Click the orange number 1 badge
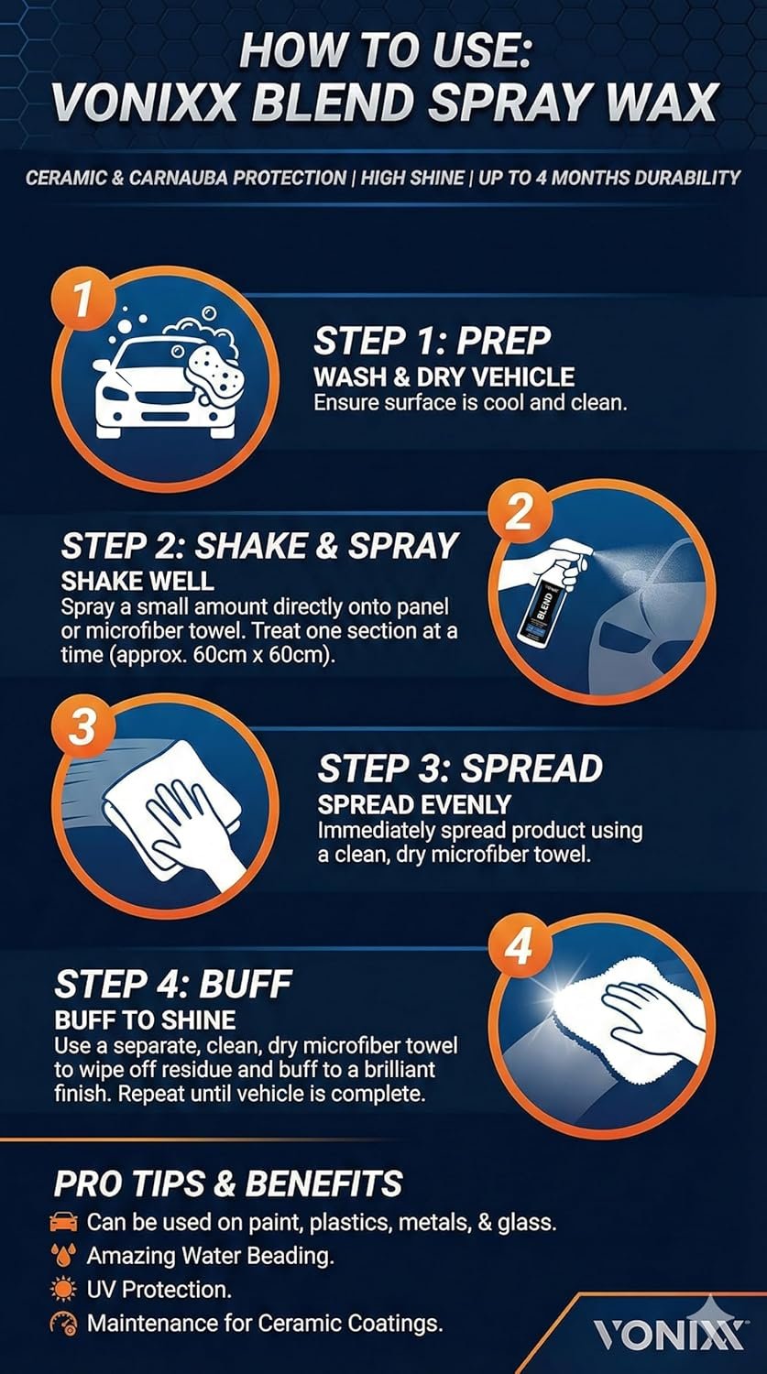pos(84,299)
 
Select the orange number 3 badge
pos(84,726)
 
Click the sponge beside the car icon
pos(214,376)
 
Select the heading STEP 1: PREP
pos(433,341)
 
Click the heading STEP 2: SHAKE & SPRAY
pos(259,545)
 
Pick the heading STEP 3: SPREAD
pos(460,768)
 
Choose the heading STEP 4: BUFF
pos(173,984)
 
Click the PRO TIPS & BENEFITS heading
pos(228,1183)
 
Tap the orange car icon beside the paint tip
pos(64,1221)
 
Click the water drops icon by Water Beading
pos(64,1256)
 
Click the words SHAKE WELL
pos(137,580)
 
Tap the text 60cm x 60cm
pos(263,655)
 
